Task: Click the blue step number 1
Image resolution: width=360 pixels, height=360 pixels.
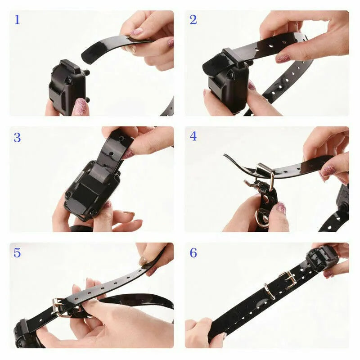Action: pos(17,20)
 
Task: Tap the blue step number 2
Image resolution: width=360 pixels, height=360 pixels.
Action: pos(193,20)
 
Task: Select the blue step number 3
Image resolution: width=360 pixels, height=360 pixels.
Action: pos(17,137)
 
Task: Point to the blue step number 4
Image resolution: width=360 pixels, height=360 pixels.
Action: pos(193,136)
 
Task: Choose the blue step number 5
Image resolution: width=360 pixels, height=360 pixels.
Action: pos(17,253)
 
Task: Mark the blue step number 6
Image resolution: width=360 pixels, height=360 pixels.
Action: pos(193,253)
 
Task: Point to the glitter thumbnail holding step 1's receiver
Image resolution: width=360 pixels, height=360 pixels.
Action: pos(80,107)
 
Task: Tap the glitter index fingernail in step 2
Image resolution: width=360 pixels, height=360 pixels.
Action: pos(283,59)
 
